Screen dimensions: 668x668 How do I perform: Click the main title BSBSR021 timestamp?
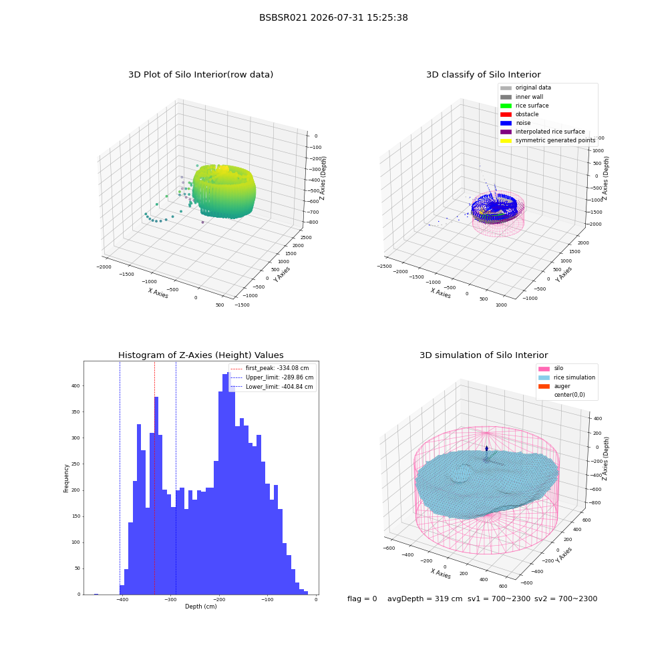coord(333,17)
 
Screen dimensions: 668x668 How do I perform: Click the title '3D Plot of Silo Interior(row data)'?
coord(200,75)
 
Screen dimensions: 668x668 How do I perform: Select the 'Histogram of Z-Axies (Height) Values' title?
coord(200,355)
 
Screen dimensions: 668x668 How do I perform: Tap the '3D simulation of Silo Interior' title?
coord(484,355)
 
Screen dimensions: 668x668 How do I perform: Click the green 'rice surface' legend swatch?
coord(506,106)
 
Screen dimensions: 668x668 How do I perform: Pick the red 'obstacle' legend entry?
coord(519,114)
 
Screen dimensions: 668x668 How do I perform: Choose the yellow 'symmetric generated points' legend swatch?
coord(506,140)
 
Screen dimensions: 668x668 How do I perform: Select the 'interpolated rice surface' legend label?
coord(550,132)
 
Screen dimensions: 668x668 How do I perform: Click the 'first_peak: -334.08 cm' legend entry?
coord(270,368)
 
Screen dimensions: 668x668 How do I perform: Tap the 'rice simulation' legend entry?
coord(566,377)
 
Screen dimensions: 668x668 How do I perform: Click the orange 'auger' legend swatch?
coord(544,386)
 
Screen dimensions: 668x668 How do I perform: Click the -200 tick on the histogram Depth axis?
coord(219,600)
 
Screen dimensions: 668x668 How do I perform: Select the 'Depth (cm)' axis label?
coord(201,607)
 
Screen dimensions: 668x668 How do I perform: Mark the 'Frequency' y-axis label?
coord(66,478)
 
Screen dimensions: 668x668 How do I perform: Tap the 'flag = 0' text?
coord(362,599)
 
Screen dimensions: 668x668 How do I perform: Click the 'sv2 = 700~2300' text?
coord(566,599)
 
